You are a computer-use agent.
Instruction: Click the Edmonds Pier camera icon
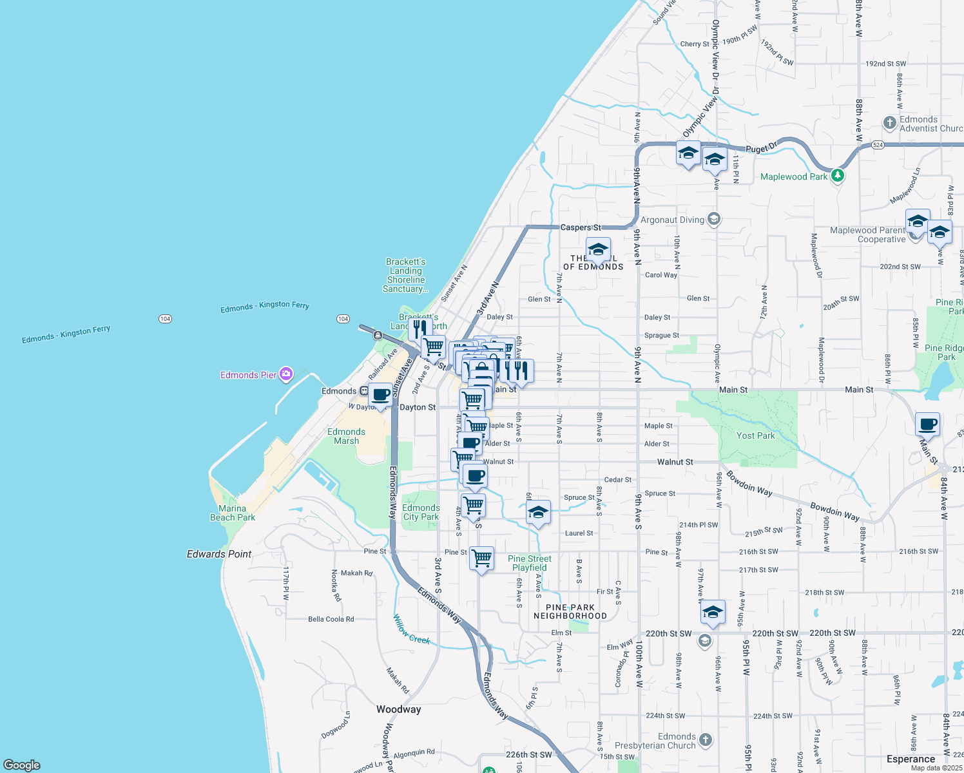click(286, 374)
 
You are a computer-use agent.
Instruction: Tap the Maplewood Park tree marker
click(837, 175)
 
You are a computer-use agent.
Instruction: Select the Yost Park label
click(755, 436)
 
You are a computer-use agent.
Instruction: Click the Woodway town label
click(398, 709)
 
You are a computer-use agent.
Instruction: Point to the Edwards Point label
click(219, 554)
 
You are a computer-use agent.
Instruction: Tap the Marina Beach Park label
click(233, 513)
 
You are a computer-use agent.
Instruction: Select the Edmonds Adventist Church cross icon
click(889, 122)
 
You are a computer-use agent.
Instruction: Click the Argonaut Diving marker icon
click(713, 219)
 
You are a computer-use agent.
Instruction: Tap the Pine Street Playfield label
click(530, 563)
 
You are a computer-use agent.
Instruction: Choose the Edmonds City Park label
click(421, 512)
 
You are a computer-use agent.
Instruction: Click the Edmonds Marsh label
click(346, 436)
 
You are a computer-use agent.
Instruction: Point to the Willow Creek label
click(412, 629)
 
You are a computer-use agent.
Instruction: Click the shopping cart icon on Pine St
click(482, 558)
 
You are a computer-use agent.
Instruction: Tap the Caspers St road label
click(581, 227)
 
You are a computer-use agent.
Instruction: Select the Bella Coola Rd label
click(331, 619)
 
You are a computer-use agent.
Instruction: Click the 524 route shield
click(878, 145)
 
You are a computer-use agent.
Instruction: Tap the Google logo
click(22, 765)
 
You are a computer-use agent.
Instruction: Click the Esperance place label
click(911, 759)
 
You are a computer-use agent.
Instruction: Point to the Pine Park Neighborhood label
click(570, 611)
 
